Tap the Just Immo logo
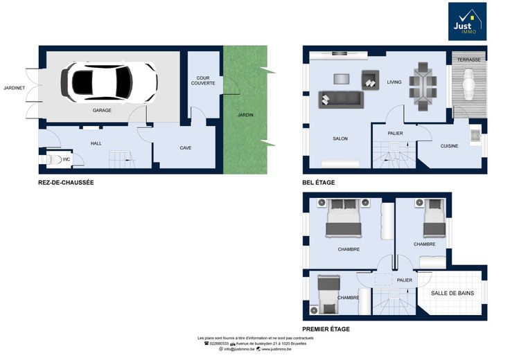pyautogui.click(x=467, y=21)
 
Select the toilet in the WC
pyautogui.click(x=54, y=159)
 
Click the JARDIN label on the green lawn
pyautogui.click(x=245, y=115)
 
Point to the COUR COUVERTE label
pyautogui.click(x=203, y=80)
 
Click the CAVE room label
pyautogui.click(x=186, y=148)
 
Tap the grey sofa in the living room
pyautogui.click(x=341, y=100)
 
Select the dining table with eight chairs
pyautogui.click(x=423, y=87)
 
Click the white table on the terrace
pyautogui.click(x=468, y=84)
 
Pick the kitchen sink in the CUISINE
pyautogui.click(x=475, y=135)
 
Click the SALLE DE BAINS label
pyautogui.click(x=452, y=293)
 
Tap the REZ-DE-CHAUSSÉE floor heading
pyautogui.click(x=66, y=183)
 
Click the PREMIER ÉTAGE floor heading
pyautogui.click(x=326, y=329)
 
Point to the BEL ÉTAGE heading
pyautogui.click(x=319, y=183)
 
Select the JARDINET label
pyautogui.click(x=15, y=88)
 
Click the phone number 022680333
pyautogui.click(x=219, y=343)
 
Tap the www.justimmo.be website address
pyautogui.click(x=276, y=350)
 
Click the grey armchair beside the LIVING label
pyautogui.click(x=371, y=80)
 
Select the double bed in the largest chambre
pyautogui.click(x=344, y=217)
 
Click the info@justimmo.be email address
pyautogui.click(x=239, y=350)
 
